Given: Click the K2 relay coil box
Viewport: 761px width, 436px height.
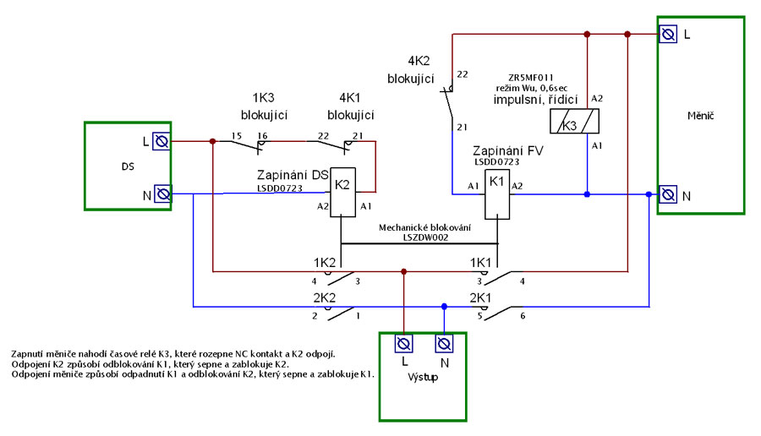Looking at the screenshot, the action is [342, 192].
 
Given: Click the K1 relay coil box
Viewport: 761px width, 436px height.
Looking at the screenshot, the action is [497, 194].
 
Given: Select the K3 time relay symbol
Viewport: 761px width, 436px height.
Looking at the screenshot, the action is [574, 121].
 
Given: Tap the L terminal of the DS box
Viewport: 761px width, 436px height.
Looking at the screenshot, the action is [162, 141].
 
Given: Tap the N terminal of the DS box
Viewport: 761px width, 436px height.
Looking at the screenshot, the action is [162, 194].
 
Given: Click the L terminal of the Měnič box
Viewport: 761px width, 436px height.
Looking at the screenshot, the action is [668, 34].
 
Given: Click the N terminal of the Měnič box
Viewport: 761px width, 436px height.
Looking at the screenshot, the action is [668, 194].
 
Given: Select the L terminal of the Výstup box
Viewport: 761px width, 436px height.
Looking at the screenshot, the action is [404, 344].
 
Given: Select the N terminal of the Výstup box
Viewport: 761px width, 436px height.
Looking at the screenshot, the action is [444, 344].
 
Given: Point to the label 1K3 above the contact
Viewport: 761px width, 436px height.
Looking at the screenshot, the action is [264, 97].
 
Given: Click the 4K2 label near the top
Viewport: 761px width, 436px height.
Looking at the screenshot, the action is [419, 61].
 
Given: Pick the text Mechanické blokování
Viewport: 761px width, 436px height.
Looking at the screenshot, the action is [424, 227].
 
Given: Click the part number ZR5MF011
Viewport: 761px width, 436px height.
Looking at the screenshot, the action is [531, 78].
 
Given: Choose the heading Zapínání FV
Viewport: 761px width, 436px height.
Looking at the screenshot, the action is [508, 151].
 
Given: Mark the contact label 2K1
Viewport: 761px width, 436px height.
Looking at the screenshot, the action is [480, 297].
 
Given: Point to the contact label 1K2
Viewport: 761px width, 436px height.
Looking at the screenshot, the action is [325, 263].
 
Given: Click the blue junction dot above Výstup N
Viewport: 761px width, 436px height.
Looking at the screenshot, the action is [444, 307].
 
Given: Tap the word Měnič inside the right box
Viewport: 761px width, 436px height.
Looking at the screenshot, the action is [701, 116].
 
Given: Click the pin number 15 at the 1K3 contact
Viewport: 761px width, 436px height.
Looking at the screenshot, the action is [237, 136].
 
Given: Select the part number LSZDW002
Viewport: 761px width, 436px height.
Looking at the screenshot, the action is [425, 237].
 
